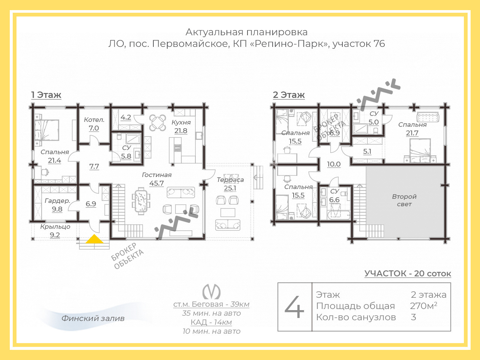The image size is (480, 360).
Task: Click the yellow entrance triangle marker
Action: point(94,239)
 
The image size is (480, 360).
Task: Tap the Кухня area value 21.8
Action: point(181,131)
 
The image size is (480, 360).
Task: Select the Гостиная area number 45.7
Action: point(156,183)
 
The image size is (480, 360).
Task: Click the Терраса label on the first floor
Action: point(230,180)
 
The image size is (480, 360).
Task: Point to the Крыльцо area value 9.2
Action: point(55,235)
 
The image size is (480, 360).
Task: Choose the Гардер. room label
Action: point(57,201)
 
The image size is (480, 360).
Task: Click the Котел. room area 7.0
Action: point(94,128)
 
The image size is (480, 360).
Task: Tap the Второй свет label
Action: point(404,200)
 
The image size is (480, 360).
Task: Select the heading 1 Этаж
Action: point(46,95)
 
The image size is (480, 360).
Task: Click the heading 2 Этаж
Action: point(289,95)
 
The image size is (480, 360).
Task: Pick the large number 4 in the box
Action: point(294,307)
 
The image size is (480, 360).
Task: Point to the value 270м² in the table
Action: point(424,306)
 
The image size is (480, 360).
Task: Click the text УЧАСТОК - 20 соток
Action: point(408,273)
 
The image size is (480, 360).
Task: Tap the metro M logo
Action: point(211,292)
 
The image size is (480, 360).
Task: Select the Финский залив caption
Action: point(93,318)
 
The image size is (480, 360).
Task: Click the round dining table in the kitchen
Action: point(157,123)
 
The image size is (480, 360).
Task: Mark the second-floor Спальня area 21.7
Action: point(412,133)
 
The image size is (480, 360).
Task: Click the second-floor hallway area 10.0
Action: point(334,164)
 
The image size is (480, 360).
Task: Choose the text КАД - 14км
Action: point(211,322)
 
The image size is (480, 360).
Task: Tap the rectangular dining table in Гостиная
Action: point(141,201)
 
